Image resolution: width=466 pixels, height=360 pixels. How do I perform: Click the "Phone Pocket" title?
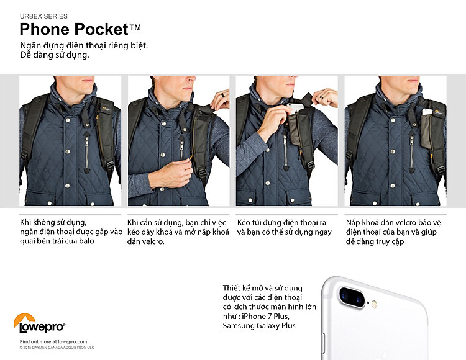coord(75,29)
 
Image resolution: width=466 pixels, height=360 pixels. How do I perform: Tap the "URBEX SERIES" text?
coord(43,16)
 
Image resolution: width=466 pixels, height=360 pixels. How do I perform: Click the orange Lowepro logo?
coord(39,323)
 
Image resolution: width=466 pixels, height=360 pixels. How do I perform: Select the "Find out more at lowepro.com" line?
coord(53,341)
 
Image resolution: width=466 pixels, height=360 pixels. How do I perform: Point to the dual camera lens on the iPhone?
coord(352,297)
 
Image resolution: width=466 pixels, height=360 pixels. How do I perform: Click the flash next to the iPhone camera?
coord(374,304)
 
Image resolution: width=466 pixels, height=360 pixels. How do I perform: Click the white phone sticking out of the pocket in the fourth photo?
coord(427,112)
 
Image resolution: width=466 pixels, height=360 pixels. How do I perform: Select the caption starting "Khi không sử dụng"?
coord(71,232)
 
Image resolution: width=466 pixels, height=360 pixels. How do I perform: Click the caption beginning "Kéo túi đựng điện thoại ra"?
coord(285,227)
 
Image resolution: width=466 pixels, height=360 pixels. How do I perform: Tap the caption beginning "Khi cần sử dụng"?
coord(178,232)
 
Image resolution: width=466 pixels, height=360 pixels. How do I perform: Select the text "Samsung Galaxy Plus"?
coord(259,326)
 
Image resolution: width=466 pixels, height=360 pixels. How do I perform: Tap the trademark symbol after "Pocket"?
coord(135,27)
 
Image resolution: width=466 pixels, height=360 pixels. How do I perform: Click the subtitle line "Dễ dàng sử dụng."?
coord(55,55)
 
